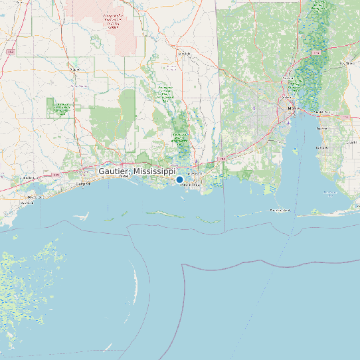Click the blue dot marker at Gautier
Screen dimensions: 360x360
pos(179,179)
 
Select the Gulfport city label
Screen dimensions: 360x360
pos(83,183)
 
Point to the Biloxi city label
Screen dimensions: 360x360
pos(124,177)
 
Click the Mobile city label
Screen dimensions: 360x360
pos(291,107)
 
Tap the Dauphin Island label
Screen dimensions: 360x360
pos(280,210)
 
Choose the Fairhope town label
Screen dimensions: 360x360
pos(322,147)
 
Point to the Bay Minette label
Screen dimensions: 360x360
pos(346,63)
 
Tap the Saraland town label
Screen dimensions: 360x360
pos(288,78)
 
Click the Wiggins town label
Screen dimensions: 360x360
pos(74,68)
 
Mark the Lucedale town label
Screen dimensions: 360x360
pos(184,53)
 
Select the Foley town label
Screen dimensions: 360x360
pos(351,142)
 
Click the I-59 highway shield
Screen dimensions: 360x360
pos(11,50)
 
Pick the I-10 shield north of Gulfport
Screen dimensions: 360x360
pos(56,175)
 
